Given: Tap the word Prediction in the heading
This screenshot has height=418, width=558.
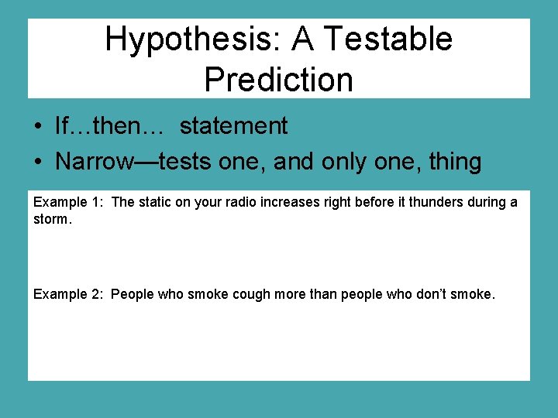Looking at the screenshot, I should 278,79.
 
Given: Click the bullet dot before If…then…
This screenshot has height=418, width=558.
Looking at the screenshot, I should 37,126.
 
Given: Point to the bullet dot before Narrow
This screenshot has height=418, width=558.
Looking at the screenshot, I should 37,163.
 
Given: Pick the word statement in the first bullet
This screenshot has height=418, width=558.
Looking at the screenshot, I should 233,125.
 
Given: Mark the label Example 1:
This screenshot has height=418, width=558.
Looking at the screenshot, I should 68,202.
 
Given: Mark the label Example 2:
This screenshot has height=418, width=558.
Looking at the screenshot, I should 68,294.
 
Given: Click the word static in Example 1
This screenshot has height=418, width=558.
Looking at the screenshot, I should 156,202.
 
